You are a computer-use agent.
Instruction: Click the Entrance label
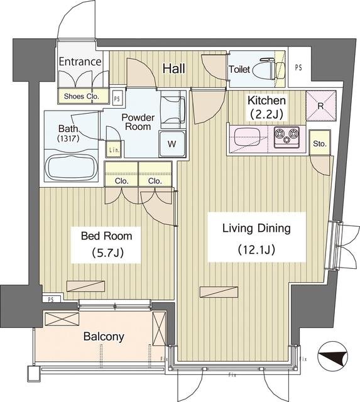80,62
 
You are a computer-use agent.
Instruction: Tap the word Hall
174,68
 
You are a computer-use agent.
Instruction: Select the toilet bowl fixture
269,68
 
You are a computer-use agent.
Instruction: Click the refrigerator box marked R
321,106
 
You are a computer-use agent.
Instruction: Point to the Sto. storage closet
320,143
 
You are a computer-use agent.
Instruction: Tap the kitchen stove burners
286,137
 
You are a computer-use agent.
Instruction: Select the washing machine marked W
172,144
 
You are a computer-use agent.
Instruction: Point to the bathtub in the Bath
71,166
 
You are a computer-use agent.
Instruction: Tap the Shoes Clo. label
81,96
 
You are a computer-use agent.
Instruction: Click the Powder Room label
138,122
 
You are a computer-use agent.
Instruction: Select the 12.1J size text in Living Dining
256,249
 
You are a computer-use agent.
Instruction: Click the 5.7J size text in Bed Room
107,253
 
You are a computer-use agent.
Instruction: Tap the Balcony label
104,337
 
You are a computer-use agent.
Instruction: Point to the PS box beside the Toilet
298,68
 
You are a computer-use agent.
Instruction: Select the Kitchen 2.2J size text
266,114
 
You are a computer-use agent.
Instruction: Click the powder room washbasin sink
173,109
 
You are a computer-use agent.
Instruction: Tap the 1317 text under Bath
68,139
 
